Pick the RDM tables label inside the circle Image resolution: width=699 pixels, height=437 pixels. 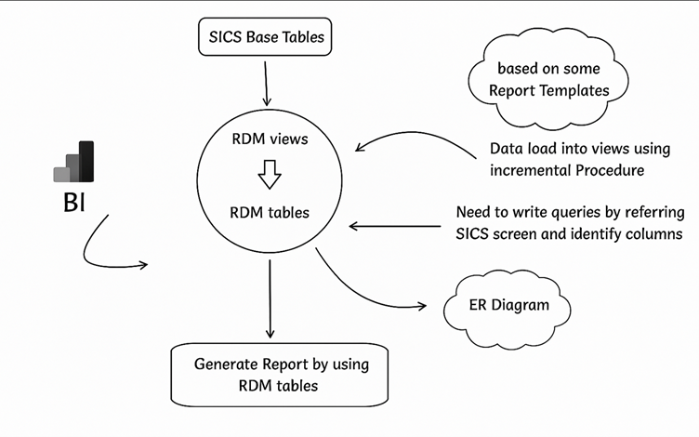coord(269,212)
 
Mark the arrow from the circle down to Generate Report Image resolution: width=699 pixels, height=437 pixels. coord(270,298)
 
